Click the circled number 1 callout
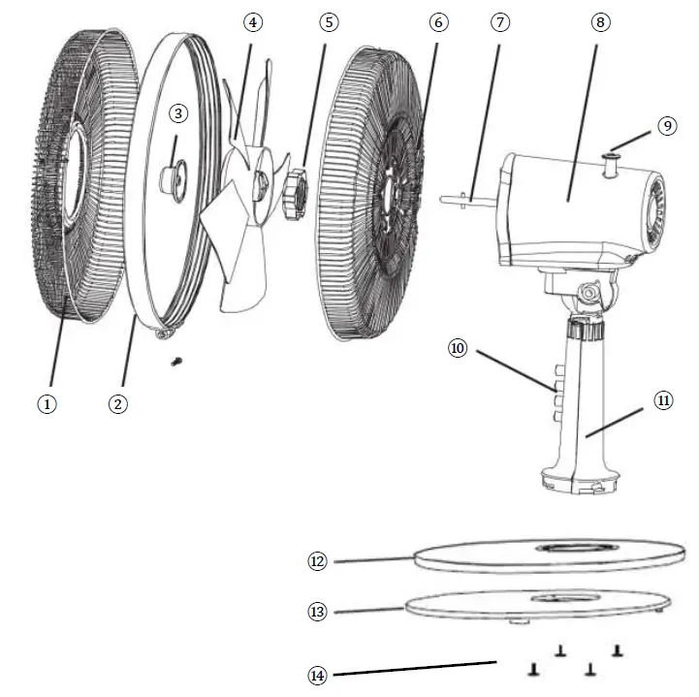[47, 404]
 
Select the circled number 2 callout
[117, 404]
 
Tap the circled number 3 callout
[177, 113]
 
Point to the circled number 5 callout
[332, 22]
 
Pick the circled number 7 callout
[499, 22]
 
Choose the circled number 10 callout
[458, 347]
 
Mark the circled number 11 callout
[664, 399]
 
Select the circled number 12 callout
[318, 560]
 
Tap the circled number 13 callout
[318, 612]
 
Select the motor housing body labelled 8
[572, 208]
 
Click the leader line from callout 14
[417, 668]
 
